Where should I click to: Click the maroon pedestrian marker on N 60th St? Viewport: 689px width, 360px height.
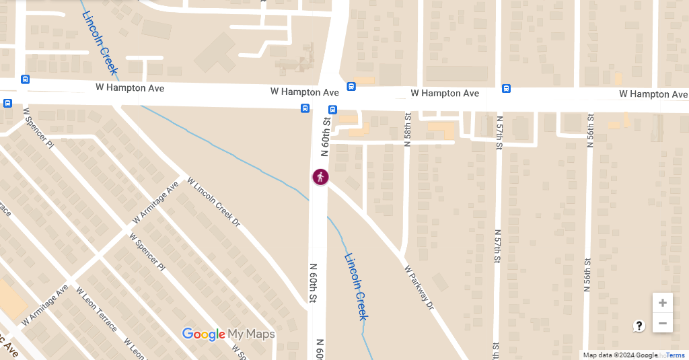pyautogui.click(x=320, y=177)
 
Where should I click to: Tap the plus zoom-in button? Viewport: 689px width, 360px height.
pyautogui.click(x=662, y=303)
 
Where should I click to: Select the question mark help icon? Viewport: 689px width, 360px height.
pyautogui.click(x=639, y=326)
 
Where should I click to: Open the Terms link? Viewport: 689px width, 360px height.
pyautogui.click(x=676, y=355)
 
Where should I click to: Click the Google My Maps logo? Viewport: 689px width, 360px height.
pyautogui.click(x=228, y=334)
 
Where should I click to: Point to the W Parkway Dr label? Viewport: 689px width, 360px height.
pyautogui.click(x=420, y=288)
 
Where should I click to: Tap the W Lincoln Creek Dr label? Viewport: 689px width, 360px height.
pyautogui.click(x=213, y=201)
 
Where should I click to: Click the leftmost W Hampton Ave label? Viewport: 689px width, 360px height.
pyautogui.click(x=130, y=88)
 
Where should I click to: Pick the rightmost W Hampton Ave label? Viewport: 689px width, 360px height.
pyautogui.click(x=653, y=94)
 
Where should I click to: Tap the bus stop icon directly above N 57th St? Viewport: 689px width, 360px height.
pyautogui.click(x=506, y=88)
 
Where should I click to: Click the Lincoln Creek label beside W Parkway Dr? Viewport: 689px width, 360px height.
pyautogui.click(x=356, y=286)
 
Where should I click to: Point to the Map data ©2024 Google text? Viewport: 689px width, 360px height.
pyautogui.click(x=620, y=355)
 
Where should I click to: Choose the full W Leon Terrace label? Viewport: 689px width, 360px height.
pyautogui.click(x=96, y=310)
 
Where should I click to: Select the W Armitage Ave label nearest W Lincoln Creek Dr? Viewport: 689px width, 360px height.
pyautogui.click(x=155, y=203)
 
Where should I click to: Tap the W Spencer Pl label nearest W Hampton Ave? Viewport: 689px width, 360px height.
pyautogui.click(x=38, y=128)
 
